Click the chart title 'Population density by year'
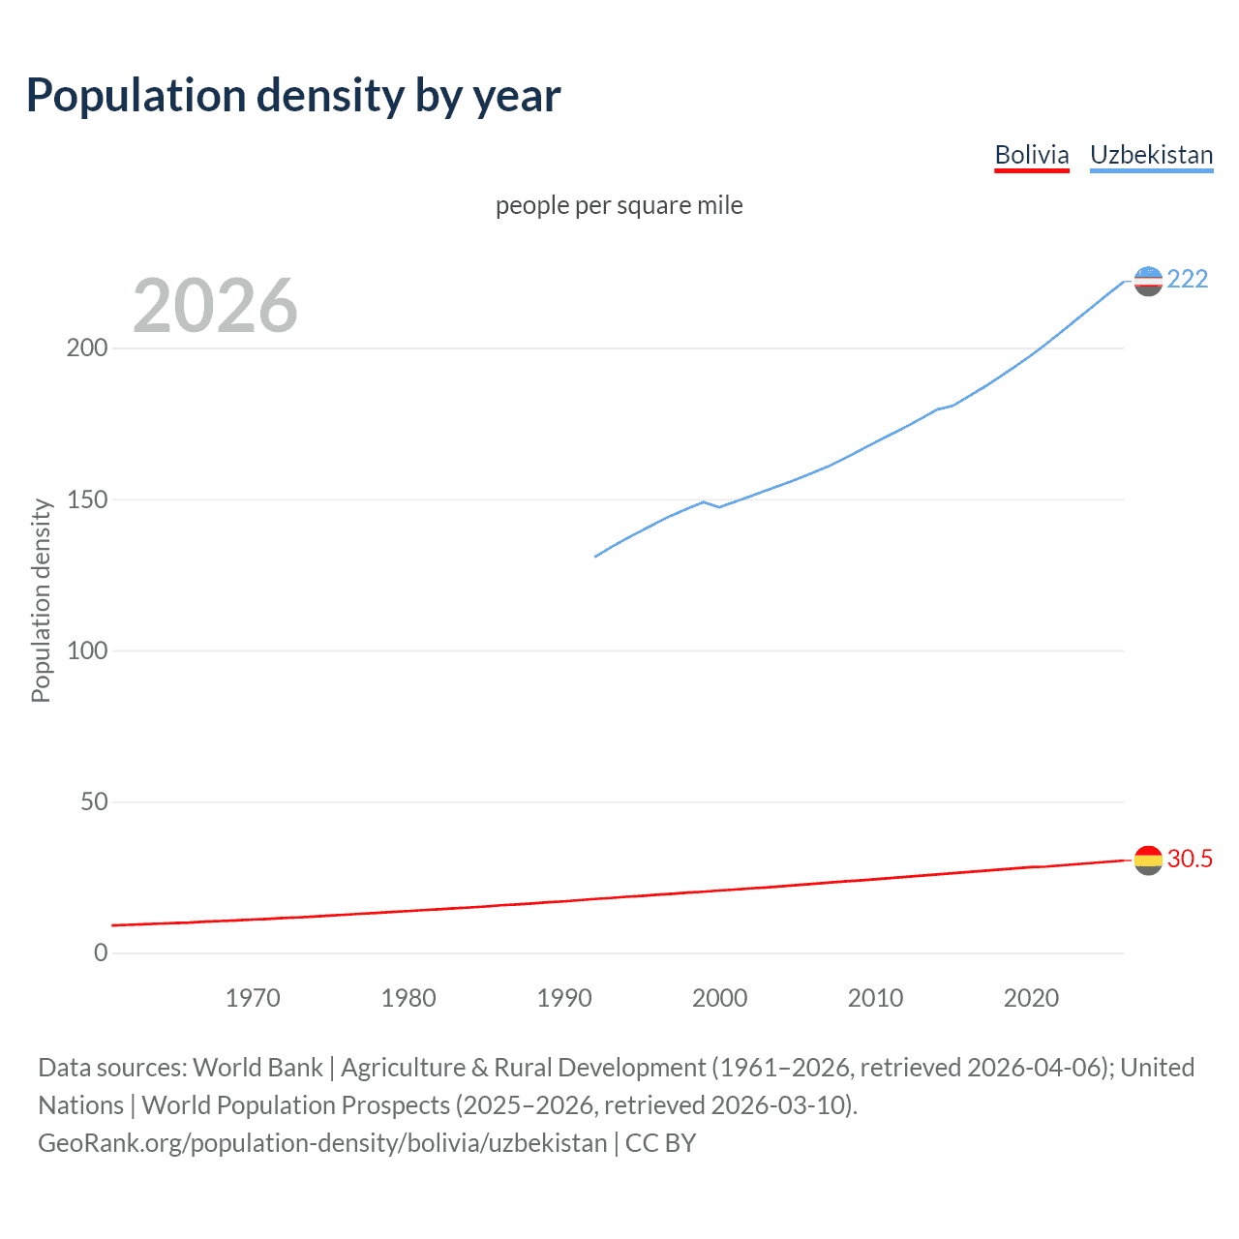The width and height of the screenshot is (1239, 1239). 293,96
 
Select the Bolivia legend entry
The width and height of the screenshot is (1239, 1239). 1032,155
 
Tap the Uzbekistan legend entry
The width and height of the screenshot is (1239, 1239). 1151,155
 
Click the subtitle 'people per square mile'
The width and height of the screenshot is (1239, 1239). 619,205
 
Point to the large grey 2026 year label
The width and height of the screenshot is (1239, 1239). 215,306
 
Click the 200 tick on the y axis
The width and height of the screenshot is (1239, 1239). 87,348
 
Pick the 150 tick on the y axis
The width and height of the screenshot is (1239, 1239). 87,499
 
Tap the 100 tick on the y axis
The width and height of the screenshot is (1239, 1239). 87,650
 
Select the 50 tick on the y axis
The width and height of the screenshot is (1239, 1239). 94,801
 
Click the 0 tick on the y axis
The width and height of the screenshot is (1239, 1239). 101,952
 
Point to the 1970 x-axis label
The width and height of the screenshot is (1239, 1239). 253,998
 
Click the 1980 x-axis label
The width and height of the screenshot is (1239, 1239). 408,998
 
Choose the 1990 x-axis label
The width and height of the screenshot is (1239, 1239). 564,998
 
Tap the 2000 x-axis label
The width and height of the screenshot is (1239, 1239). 719,998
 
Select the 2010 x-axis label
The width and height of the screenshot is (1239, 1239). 875,998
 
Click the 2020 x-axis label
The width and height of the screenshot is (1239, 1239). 1031,998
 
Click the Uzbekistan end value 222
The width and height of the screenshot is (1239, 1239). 1188,280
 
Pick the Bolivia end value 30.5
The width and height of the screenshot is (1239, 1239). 1190,859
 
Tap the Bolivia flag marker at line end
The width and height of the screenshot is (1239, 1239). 1148,860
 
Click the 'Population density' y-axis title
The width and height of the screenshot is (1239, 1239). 41,600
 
